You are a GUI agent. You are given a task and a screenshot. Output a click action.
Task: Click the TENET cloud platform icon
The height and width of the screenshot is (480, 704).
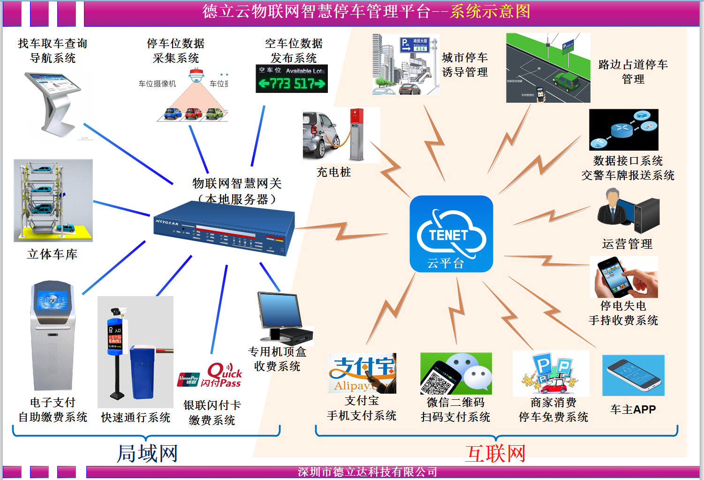click(x=451, y=234)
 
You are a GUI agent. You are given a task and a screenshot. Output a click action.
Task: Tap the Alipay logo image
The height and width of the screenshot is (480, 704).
click(x=362, y=373)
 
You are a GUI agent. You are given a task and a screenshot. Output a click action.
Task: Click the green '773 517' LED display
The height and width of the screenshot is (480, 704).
click(x=291, y=84)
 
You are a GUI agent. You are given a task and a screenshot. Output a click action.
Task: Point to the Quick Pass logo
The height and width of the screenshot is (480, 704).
click(x=223, y=375)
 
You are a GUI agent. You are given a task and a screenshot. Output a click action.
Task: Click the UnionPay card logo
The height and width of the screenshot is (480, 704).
click(x=188, y=380)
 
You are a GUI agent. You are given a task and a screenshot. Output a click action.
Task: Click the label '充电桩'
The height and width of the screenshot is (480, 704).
click(x=333, y=172)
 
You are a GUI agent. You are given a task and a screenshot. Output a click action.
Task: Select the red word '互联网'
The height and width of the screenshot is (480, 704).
click(x=495, y=454)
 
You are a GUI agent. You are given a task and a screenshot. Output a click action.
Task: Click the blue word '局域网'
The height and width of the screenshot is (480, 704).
click(x=147, y=454)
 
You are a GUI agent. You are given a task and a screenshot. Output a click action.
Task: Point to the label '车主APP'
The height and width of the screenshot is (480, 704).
click(x=633, y=410)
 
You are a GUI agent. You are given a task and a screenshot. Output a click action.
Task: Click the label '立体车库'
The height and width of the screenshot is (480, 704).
click(x=52, y=254)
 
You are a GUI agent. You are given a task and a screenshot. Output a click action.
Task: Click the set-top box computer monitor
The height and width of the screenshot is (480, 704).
click(x=280, y=310)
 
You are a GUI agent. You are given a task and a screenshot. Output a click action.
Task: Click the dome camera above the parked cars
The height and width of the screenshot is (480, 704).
click(x=196, y=75)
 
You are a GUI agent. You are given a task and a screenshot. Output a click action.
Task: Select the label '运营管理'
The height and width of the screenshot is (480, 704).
click(x=627, y=244)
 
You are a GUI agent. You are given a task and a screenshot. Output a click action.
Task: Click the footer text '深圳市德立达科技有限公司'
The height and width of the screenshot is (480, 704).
click(x=367, y=472)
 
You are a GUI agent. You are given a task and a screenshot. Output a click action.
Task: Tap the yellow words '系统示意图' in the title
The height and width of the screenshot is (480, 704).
click(x=490, y=11)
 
